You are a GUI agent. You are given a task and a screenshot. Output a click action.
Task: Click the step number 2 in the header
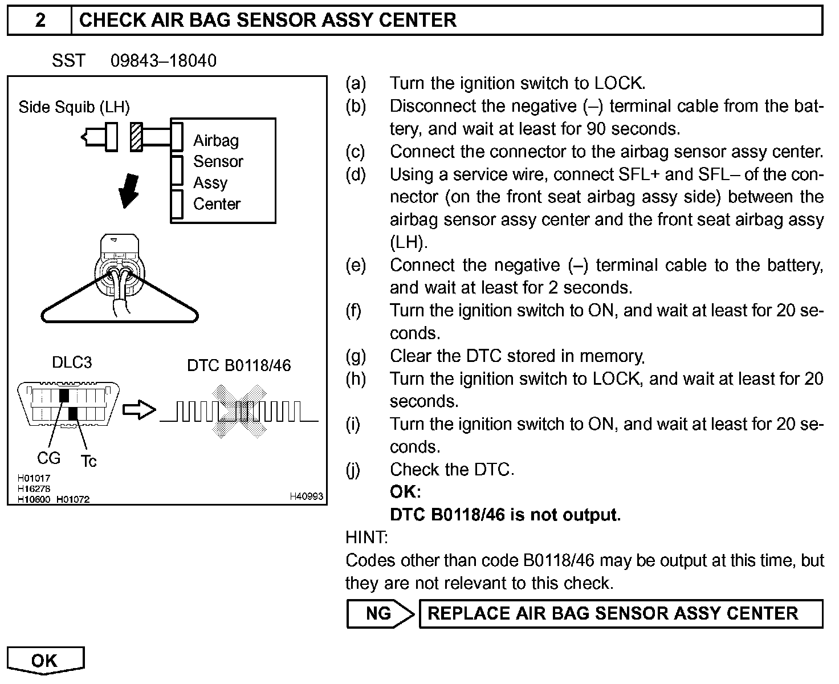tap(40, 21)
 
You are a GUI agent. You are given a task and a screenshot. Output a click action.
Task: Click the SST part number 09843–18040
tap(164, 61)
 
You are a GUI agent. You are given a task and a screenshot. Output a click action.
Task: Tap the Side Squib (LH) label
tap(74, 107)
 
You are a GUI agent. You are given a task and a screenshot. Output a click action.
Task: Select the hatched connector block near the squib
tap(136, 137)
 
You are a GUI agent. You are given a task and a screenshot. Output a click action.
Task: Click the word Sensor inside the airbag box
tap(218, 162)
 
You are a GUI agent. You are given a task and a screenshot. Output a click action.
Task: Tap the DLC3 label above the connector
tap(72, 363)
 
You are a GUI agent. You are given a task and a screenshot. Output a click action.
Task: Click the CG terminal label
tap(48, 458)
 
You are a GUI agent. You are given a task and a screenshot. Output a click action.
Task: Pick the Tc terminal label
tap(88, 461)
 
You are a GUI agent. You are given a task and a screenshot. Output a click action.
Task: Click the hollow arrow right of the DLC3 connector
tap(139, 410)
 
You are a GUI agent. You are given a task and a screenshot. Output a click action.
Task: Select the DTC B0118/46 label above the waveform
tap(239, 365)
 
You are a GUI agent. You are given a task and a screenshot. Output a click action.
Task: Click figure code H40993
tap(307, 496)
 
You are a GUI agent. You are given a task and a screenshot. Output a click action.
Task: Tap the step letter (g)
tap(356, 356)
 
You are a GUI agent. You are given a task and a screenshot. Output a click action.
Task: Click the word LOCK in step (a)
tap(619, 83)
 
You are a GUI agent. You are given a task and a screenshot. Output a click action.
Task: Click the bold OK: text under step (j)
tap(405, 492)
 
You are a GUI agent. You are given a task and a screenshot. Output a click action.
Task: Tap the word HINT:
tap(366, 538)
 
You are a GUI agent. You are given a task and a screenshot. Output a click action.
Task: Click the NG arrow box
tap(380, 614)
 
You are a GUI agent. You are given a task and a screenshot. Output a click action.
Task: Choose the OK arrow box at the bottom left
tap(45, 661)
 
